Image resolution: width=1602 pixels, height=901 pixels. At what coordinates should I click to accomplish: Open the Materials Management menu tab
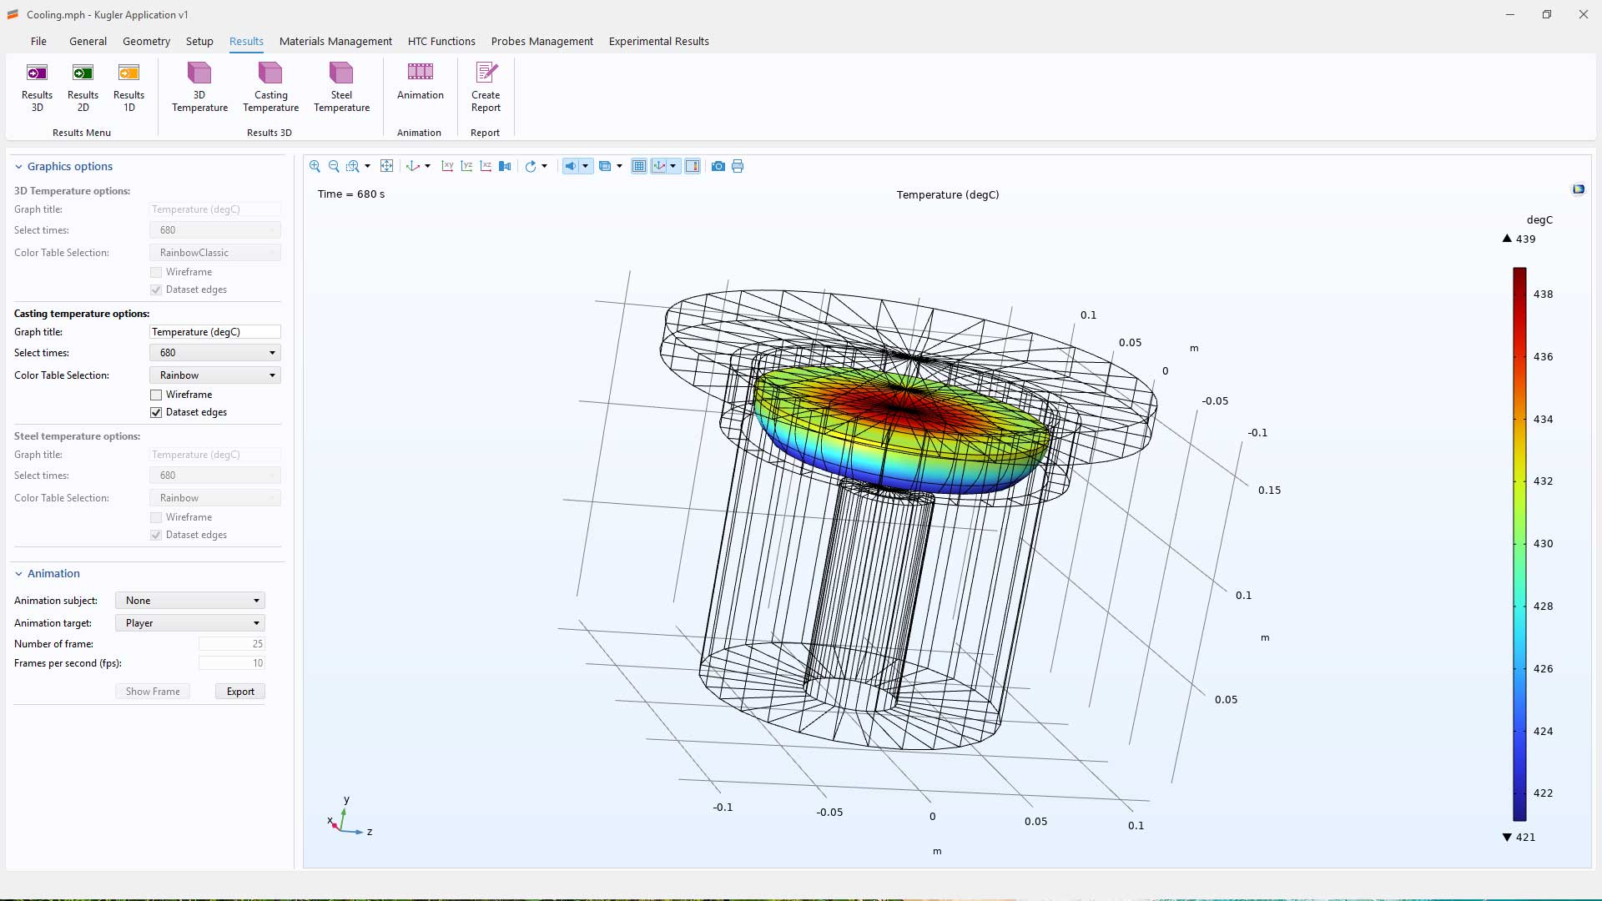pyautogui.click(x=335, y=41)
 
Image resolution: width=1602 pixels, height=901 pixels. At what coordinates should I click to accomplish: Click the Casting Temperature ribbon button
pyautogui.click(x=270, y=87)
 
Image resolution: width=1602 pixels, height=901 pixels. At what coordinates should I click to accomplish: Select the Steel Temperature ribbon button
pyautogui.click(x=341, y=87)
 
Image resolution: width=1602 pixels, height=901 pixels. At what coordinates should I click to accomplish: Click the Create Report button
pyautogui.click(x=486, y=87)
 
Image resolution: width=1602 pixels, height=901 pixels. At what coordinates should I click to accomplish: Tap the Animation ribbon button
pyautogui.click(x=421, y=82)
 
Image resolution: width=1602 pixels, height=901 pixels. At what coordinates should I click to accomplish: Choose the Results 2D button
pyautogui.click(x=83, y=87)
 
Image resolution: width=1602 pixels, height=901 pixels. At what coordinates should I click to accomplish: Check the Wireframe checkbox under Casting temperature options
pyautogui.click(x=156, y=395)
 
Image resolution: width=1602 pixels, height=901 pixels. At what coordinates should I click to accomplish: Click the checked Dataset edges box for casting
pyautogui.click(x=156, y=412)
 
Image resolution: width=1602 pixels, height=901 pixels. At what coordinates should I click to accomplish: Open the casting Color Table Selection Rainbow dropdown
pyautogui.click(x=215, y=375)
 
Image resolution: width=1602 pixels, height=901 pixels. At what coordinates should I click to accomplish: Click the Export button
pyautogui.click(x=240, y=692)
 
